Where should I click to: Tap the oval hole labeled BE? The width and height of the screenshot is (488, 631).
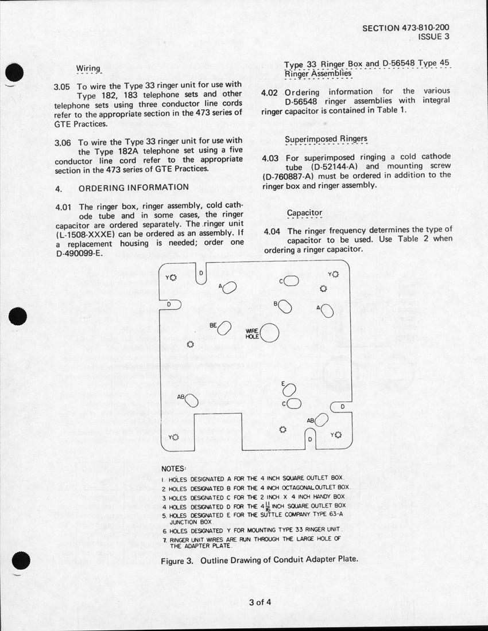224,328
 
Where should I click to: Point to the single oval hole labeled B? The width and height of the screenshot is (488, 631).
285,307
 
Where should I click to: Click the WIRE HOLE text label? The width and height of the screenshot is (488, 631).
253,333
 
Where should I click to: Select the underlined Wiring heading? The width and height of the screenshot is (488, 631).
88,69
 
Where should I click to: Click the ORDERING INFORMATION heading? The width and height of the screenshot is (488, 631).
133,188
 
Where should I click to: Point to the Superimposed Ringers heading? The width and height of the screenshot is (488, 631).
326,139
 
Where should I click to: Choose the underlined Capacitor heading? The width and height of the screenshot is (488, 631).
304,213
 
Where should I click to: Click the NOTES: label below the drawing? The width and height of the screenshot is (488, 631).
173,469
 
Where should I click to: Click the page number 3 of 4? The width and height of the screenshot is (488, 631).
260,602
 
